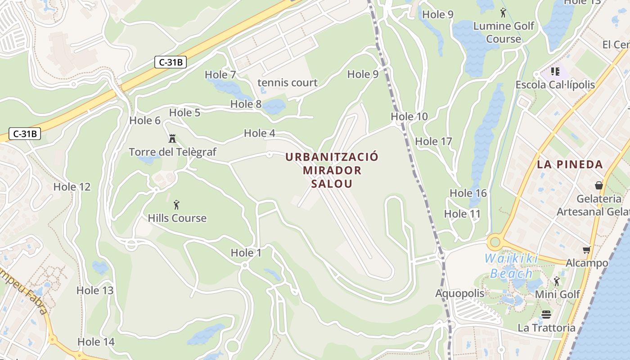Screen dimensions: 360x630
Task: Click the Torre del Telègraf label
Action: point(172,152)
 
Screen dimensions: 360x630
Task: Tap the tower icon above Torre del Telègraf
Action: point(172,138)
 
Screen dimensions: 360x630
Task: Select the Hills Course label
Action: point(177,218)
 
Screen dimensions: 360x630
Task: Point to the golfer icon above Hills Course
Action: point(176,205)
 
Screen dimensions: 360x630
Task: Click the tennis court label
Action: point(287,83)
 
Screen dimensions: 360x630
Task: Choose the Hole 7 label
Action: point(220,75)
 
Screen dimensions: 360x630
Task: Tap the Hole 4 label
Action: point(259,133)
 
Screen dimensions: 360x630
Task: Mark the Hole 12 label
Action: point(72,187)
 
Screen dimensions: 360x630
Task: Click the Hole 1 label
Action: point(246,253)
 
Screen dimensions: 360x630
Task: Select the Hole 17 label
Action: point(433,142)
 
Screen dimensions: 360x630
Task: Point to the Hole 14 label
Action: point(96,342)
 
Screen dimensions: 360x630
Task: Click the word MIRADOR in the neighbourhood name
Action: point(332,171)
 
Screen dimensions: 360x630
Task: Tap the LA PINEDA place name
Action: point(569,164)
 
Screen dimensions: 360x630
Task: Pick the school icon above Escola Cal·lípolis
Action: point(555,72)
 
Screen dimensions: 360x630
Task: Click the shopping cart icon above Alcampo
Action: point(586,250)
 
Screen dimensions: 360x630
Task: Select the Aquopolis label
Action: point(459,294)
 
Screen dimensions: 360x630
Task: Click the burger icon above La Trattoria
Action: point(546,314)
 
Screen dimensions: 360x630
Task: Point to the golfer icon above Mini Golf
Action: point(557,281)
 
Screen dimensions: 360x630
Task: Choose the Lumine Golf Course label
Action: point(503,32)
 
